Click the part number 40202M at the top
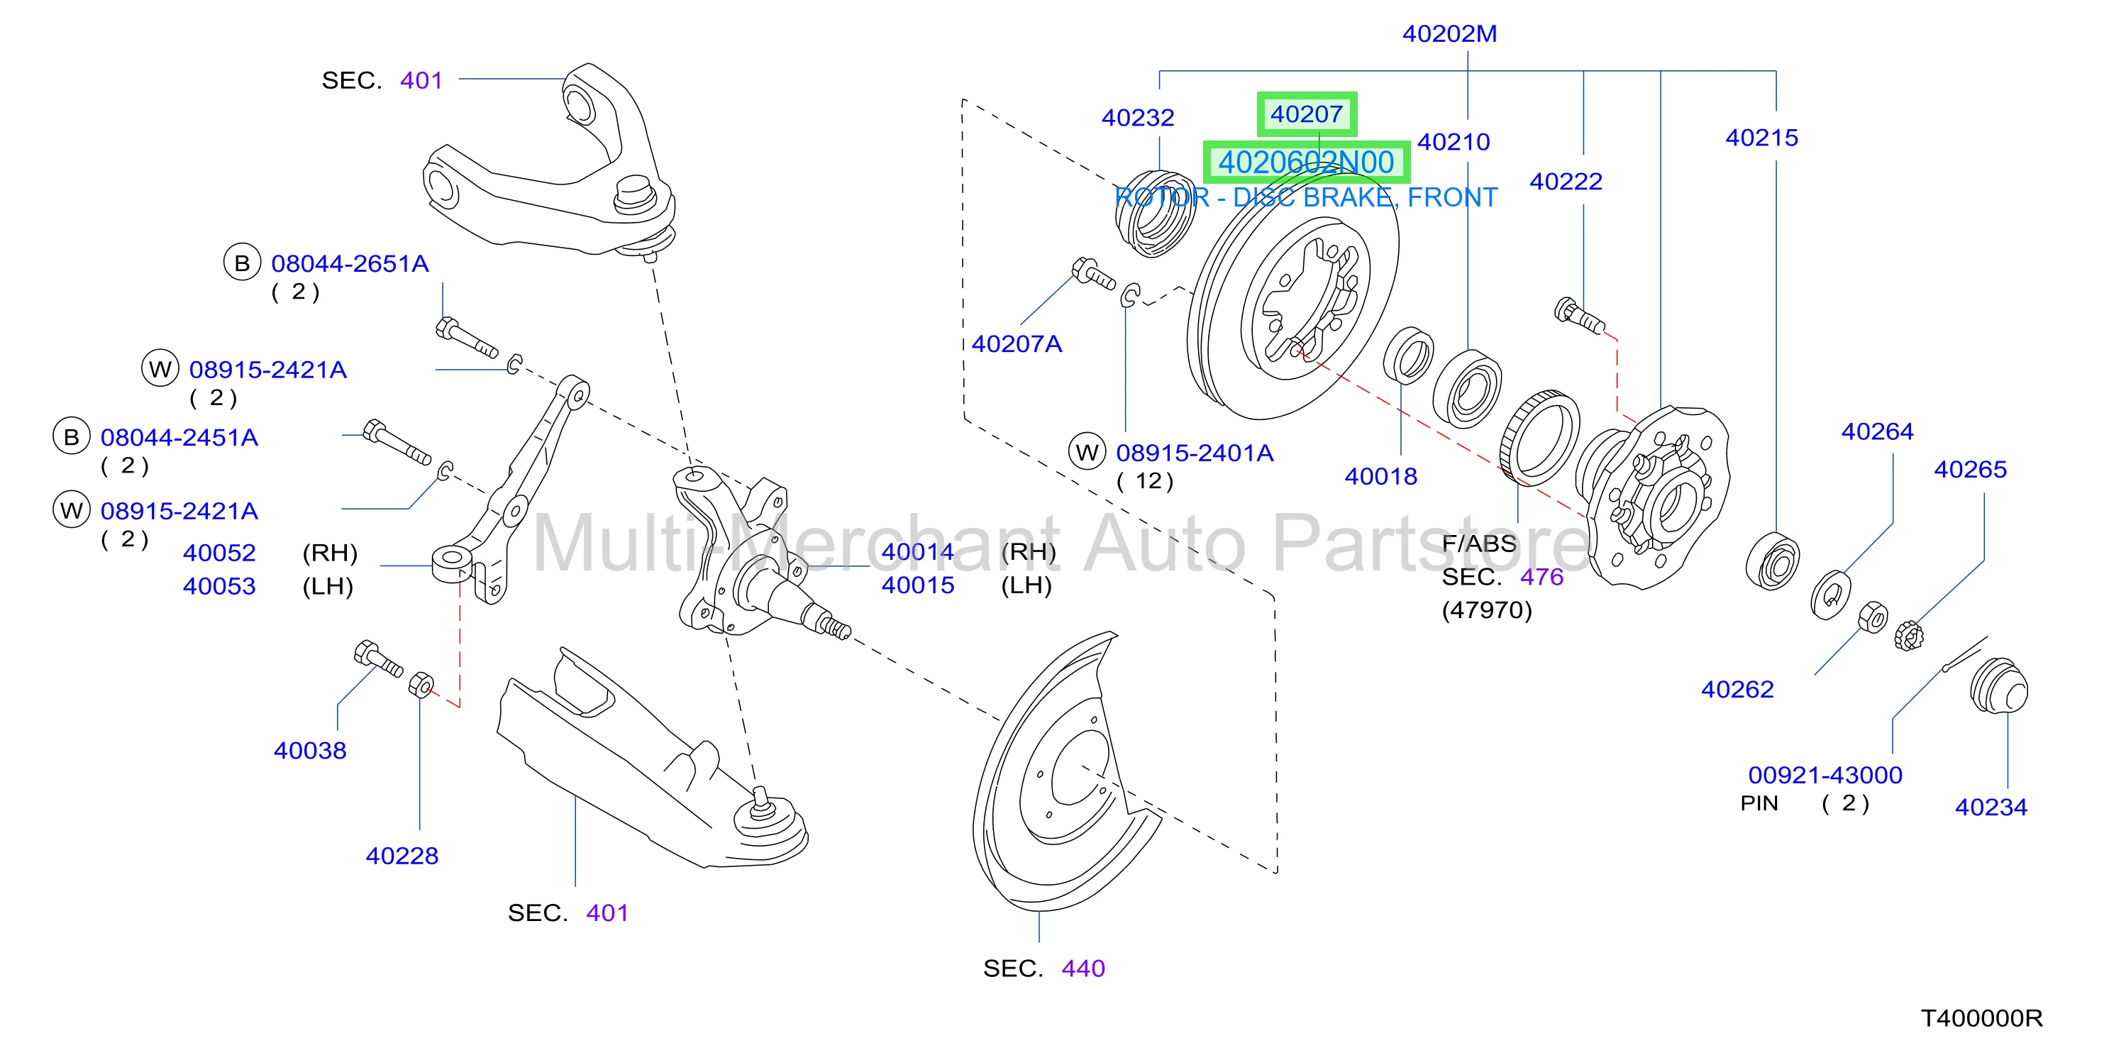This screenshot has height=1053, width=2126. tap(1449, 34)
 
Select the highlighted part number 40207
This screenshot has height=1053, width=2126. tap(1307, 114)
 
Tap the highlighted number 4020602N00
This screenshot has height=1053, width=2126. tap(1307, 162)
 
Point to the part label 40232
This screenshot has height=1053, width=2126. tap(1137, 118)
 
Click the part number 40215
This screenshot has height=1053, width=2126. tap(1761, 138)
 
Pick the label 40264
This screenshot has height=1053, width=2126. tap(1877, 431)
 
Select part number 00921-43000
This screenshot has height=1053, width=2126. tap(1825, 775)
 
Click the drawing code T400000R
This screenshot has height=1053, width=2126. tap(1981, 1018)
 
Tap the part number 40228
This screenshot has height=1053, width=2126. tap(402, 856)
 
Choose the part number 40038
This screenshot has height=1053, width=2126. tap(310, 750)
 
